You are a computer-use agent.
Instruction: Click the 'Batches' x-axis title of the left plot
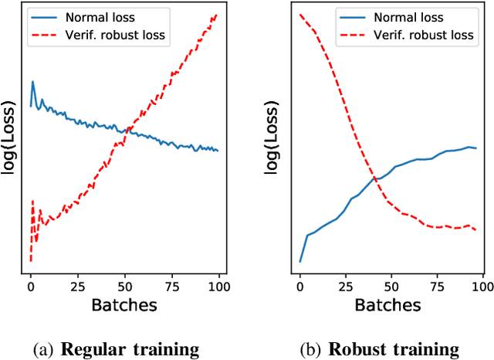tap(124, 305)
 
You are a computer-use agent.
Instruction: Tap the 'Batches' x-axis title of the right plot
tap(391, 305)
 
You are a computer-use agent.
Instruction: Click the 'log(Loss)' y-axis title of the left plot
tap(11, 138)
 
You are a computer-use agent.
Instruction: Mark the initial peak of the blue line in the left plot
tap(32, 81)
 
